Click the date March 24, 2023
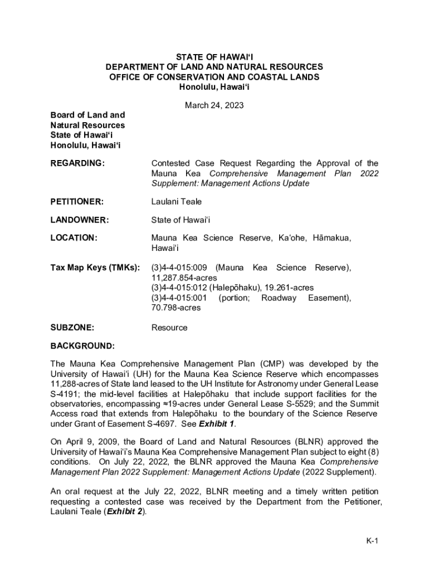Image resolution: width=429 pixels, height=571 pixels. point(214,105)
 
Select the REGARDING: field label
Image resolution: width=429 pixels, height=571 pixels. point(77,163)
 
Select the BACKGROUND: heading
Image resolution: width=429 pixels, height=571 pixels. point(82,346)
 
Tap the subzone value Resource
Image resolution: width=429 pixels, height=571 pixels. point(169,327)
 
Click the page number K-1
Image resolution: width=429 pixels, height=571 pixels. point(372,541)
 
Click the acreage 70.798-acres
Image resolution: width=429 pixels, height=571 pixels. point(176,307)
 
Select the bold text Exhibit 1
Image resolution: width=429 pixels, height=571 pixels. point(221,424)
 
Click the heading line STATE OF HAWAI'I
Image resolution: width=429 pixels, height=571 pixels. point(214,56)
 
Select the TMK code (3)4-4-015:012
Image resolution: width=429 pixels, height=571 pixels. point(179,288)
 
